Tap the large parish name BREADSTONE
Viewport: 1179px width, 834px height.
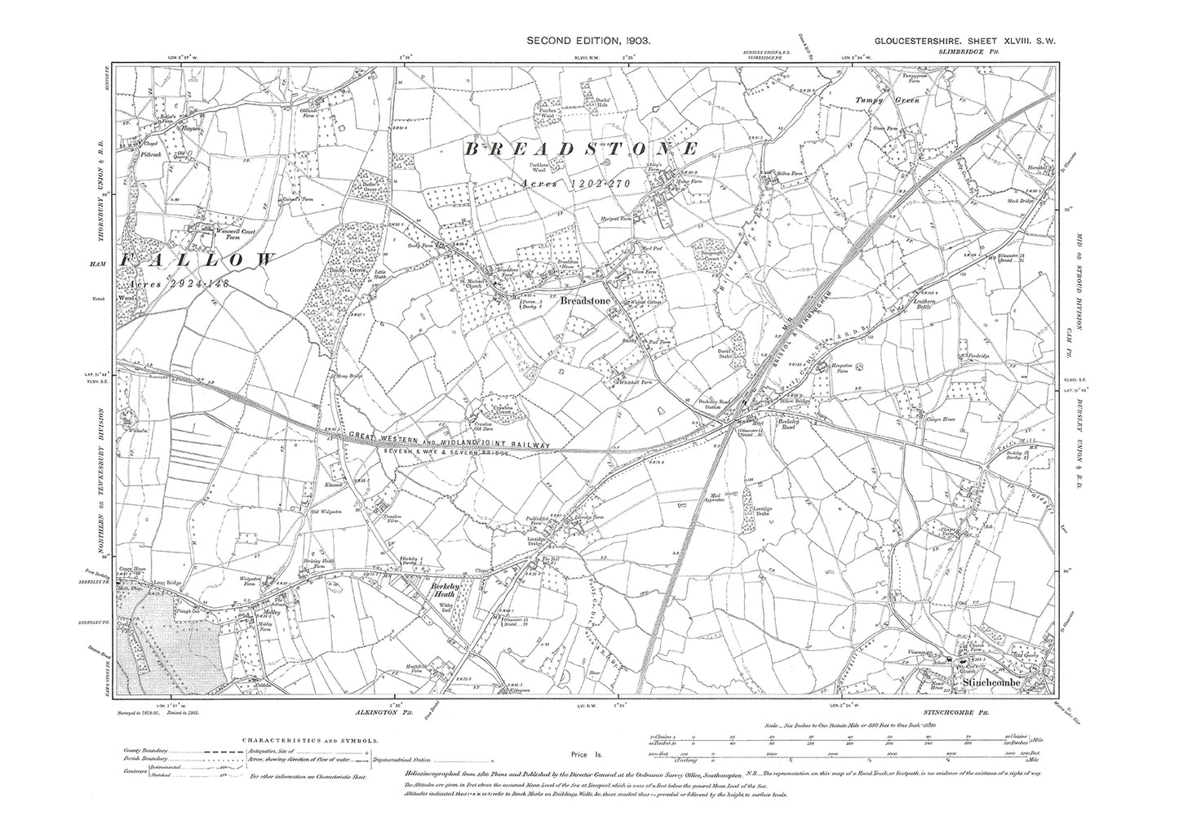click(582, 149)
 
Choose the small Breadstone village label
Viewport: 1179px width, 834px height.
click(583, 301)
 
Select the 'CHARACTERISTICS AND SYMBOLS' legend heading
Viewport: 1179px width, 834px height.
click(310, 740)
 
